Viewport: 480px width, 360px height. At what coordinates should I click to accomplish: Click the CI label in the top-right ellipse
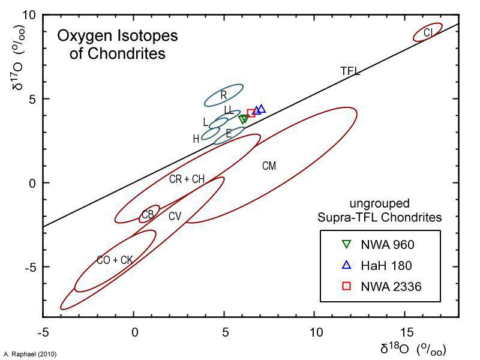[x=428, y=32]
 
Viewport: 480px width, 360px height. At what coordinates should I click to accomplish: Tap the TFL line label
[x=350, y=71]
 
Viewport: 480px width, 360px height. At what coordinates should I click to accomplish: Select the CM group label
[x=269, y=166]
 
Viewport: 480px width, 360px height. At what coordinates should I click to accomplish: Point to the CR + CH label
[x=187, y=179]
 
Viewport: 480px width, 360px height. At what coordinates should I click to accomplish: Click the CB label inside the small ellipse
[x=148, y=215]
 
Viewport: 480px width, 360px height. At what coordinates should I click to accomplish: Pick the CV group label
[x=175, y=216]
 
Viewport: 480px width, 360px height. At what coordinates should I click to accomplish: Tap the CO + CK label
[x=115, y=260]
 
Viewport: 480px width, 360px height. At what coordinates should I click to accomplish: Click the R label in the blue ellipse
[x=223, y=95]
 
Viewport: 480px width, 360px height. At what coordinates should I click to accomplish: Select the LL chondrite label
[x=229, y=110]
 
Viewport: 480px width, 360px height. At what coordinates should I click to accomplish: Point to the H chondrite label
[x=196, y=139]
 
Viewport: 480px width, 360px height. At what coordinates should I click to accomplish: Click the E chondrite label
[x=229, y=134]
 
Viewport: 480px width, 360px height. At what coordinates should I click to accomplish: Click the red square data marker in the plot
[x=251, y=113]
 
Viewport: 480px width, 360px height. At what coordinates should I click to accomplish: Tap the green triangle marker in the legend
[x=346, y=244]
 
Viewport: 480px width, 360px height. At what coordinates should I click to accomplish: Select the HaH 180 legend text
[x=386, y=265]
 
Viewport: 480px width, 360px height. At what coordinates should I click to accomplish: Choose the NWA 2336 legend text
[x=391, y=287]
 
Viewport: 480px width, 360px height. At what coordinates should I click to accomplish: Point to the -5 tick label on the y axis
[x=30, y=267]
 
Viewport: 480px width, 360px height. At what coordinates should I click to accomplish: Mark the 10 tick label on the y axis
[x=30, y=14]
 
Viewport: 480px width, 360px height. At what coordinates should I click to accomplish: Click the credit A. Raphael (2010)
[x=30, y=355]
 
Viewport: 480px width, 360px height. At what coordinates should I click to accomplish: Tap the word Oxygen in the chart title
[x=83, y=36]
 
